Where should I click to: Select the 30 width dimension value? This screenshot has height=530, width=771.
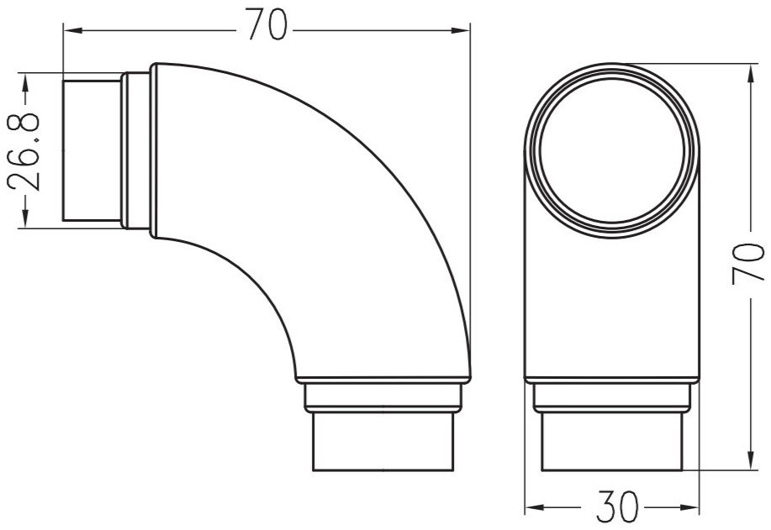(x=613, y=507)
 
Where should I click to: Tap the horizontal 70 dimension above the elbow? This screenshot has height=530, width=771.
(x=267, y=27)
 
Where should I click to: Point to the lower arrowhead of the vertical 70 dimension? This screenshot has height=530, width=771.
(x=749, y=458)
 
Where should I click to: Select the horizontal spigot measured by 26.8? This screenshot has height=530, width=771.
(x=92, y=150)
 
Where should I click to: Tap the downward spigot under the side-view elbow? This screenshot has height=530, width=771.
(x=383, y=441)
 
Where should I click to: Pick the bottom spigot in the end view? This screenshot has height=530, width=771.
(x=613, y=441)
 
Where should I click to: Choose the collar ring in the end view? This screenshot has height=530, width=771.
(x=613, y=396)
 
